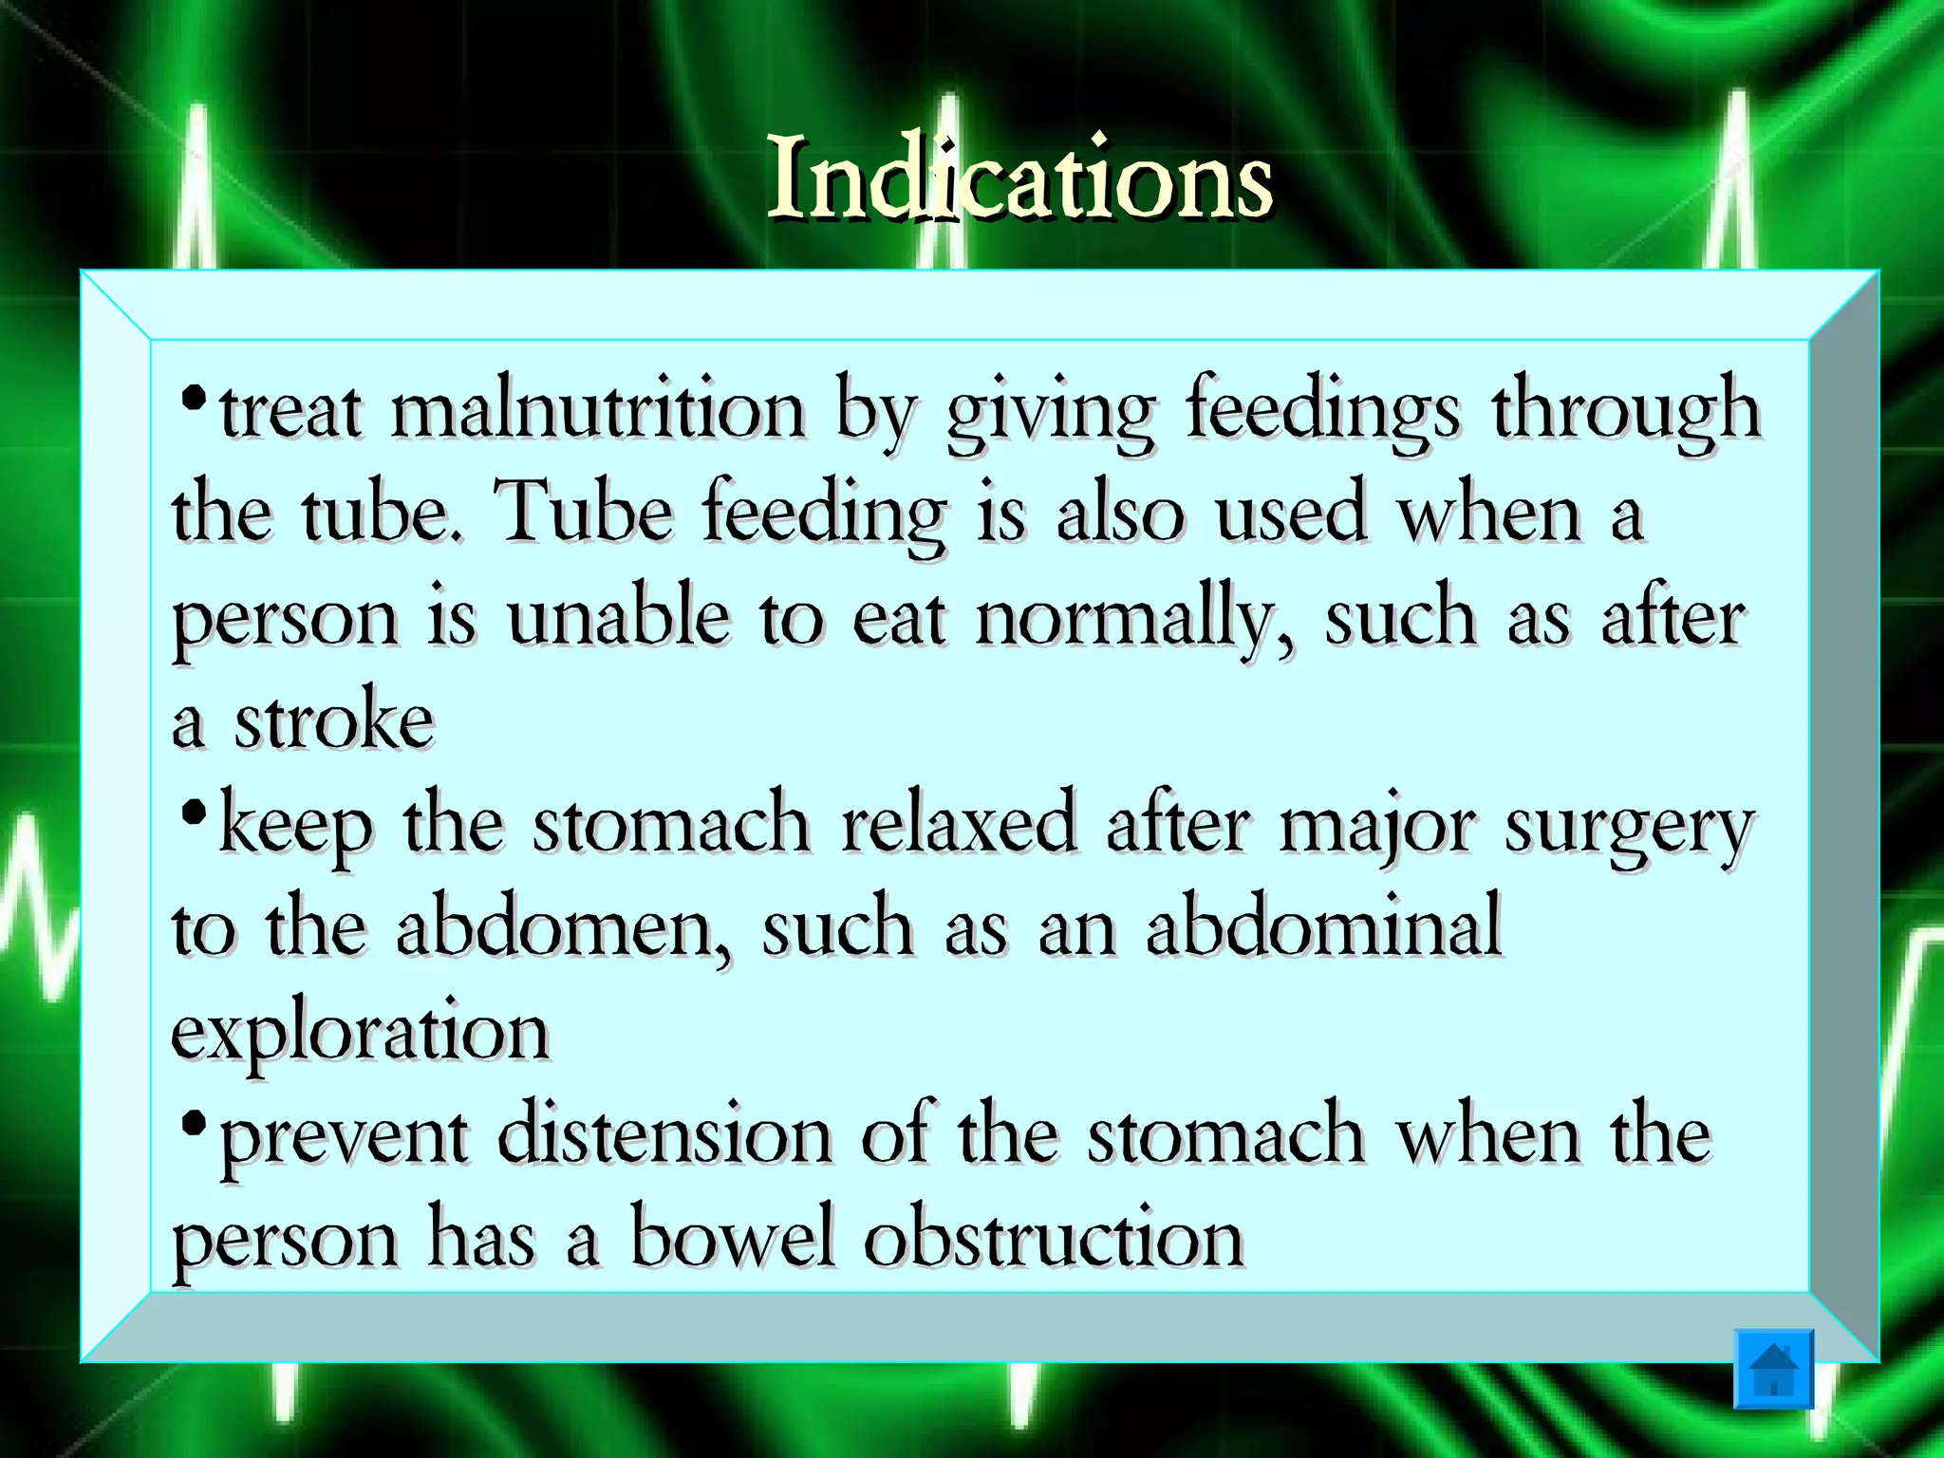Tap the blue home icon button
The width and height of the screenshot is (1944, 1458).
1773,1369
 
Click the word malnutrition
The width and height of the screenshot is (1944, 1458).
598,411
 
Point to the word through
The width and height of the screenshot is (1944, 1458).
1626,411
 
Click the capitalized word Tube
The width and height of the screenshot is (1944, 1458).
585,513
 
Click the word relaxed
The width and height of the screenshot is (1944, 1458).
959,824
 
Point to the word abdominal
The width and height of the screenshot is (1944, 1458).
1323,925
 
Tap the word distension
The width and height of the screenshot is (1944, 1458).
664,1134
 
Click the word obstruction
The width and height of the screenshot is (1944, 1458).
1054,1237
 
